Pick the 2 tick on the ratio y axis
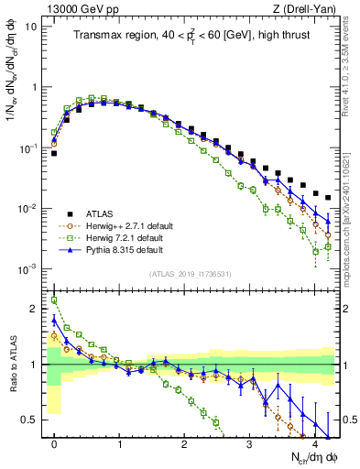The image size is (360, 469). (35, 309)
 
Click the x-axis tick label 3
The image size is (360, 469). (250, 442)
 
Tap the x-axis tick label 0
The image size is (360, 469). (54, 442)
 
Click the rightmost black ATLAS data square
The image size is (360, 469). (328, 196)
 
